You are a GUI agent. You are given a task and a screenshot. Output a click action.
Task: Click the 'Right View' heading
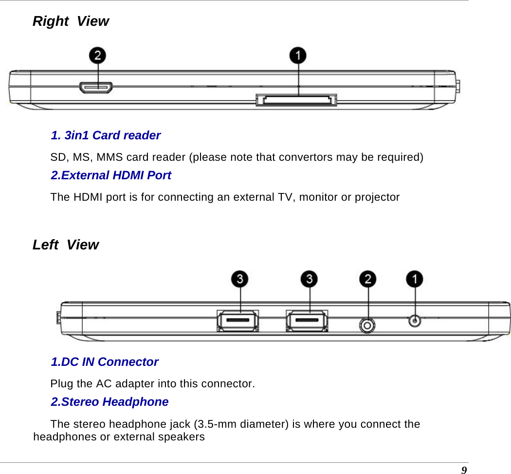71,21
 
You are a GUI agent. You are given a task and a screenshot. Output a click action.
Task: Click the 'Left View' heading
65,245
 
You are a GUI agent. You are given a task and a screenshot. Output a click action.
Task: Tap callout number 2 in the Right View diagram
98,55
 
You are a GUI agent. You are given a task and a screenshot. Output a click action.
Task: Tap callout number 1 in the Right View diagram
298,55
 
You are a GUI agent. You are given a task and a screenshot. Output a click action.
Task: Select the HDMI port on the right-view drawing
96,88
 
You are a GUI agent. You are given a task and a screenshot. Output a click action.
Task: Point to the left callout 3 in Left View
240,280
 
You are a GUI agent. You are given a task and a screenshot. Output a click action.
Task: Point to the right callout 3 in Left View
309,280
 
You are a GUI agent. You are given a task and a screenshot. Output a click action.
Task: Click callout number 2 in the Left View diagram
368,280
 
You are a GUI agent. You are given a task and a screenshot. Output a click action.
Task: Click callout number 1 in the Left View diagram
415,280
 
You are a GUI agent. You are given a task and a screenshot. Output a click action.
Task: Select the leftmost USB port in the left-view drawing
237,322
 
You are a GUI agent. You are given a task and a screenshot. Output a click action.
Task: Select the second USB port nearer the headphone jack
307,322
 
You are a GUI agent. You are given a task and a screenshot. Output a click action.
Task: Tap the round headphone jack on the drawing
367,325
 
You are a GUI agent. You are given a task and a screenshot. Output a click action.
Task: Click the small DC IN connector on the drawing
414,321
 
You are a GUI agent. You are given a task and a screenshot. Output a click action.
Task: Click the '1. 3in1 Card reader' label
106,135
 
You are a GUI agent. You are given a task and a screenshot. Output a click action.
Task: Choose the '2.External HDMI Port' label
111,175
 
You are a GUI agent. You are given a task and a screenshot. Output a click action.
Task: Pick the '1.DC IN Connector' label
105,362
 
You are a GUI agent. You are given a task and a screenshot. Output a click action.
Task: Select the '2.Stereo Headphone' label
109,402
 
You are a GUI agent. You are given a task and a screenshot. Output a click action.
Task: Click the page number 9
464,470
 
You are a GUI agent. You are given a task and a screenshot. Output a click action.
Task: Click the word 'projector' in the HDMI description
377,197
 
